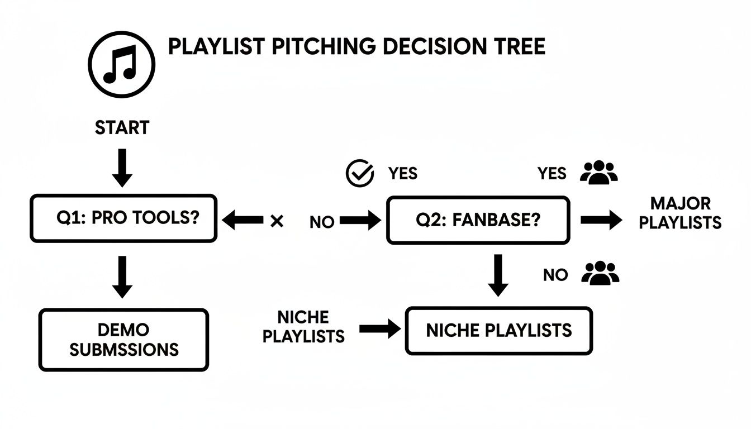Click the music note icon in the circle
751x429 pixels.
121,65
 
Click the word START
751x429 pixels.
122,128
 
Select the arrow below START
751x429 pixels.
122,168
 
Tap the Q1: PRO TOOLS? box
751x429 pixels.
123,218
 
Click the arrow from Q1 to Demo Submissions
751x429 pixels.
122,277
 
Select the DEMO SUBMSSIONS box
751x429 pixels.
123,340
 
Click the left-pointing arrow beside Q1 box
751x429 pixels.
243,221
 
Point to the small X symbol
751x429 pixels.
276,221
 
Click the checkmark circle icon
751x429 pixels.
360,174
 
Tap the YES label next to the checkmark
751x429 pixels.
402,174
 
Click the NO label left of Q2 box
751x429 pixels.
322,222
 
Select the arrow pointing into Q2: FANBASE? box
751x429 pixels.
360,221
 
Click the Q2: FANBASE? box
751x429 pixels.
478,220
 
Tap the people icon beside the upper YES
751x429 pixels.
598,173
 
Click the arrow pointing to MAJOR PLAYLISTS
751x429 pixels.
601,220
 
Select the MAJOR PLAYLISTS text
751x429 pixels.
680,213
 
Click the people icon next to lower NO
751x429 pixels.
600,274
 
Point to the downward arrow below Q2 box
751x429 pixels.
498,275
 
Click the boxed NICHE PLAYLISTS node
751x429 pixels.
498,331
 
